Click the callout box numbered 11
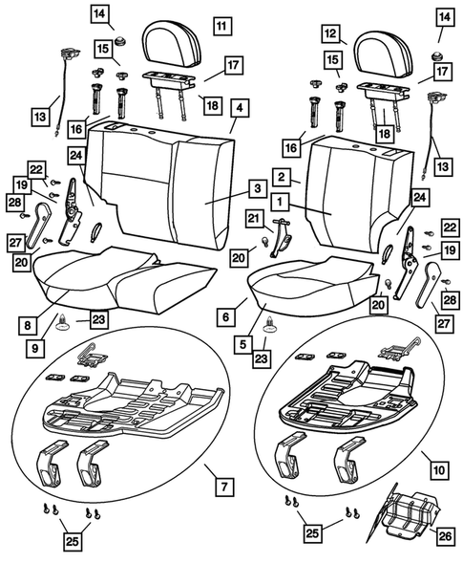[x=221, y=26]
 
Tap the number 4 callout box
[x=239, y=107]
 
